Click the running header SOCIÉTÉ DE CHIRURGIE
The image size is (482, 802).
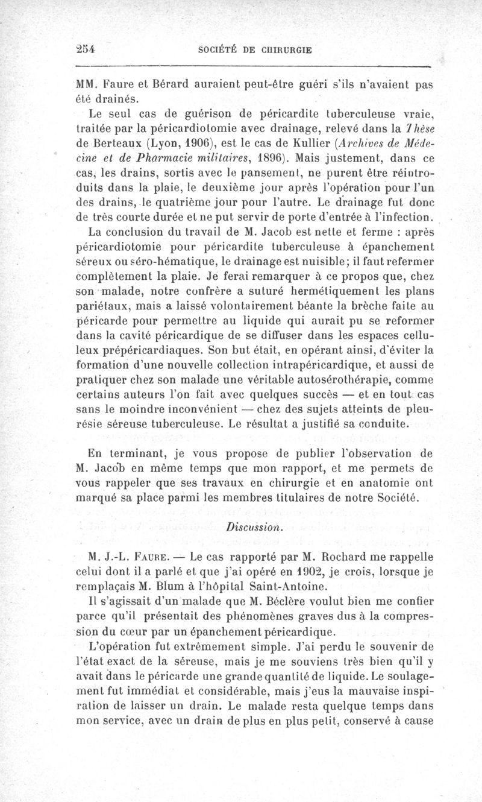[x=255, y=50]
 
